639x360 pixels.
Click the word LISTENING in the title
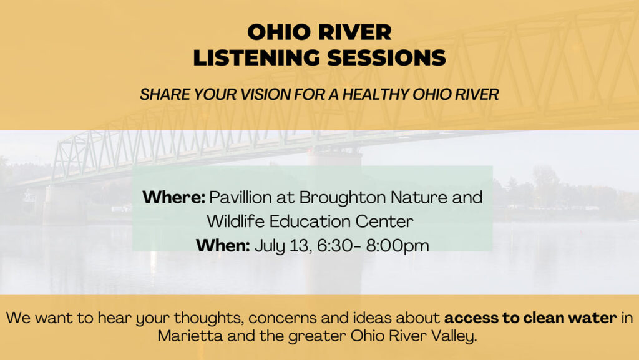pos(256,57)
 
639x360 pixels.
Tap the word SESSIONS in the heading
pos(387,57)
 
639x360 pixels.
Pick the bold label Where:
pos(173,198)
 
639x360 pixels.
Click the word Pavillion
pos(240,198)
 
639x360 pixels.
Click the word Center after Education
pos(384,222)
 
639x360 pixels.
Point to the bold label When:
pos(223,246)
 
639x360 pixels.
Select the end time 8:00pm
pos(398,246)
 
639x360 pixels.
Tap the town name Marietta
pos(190,336)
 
